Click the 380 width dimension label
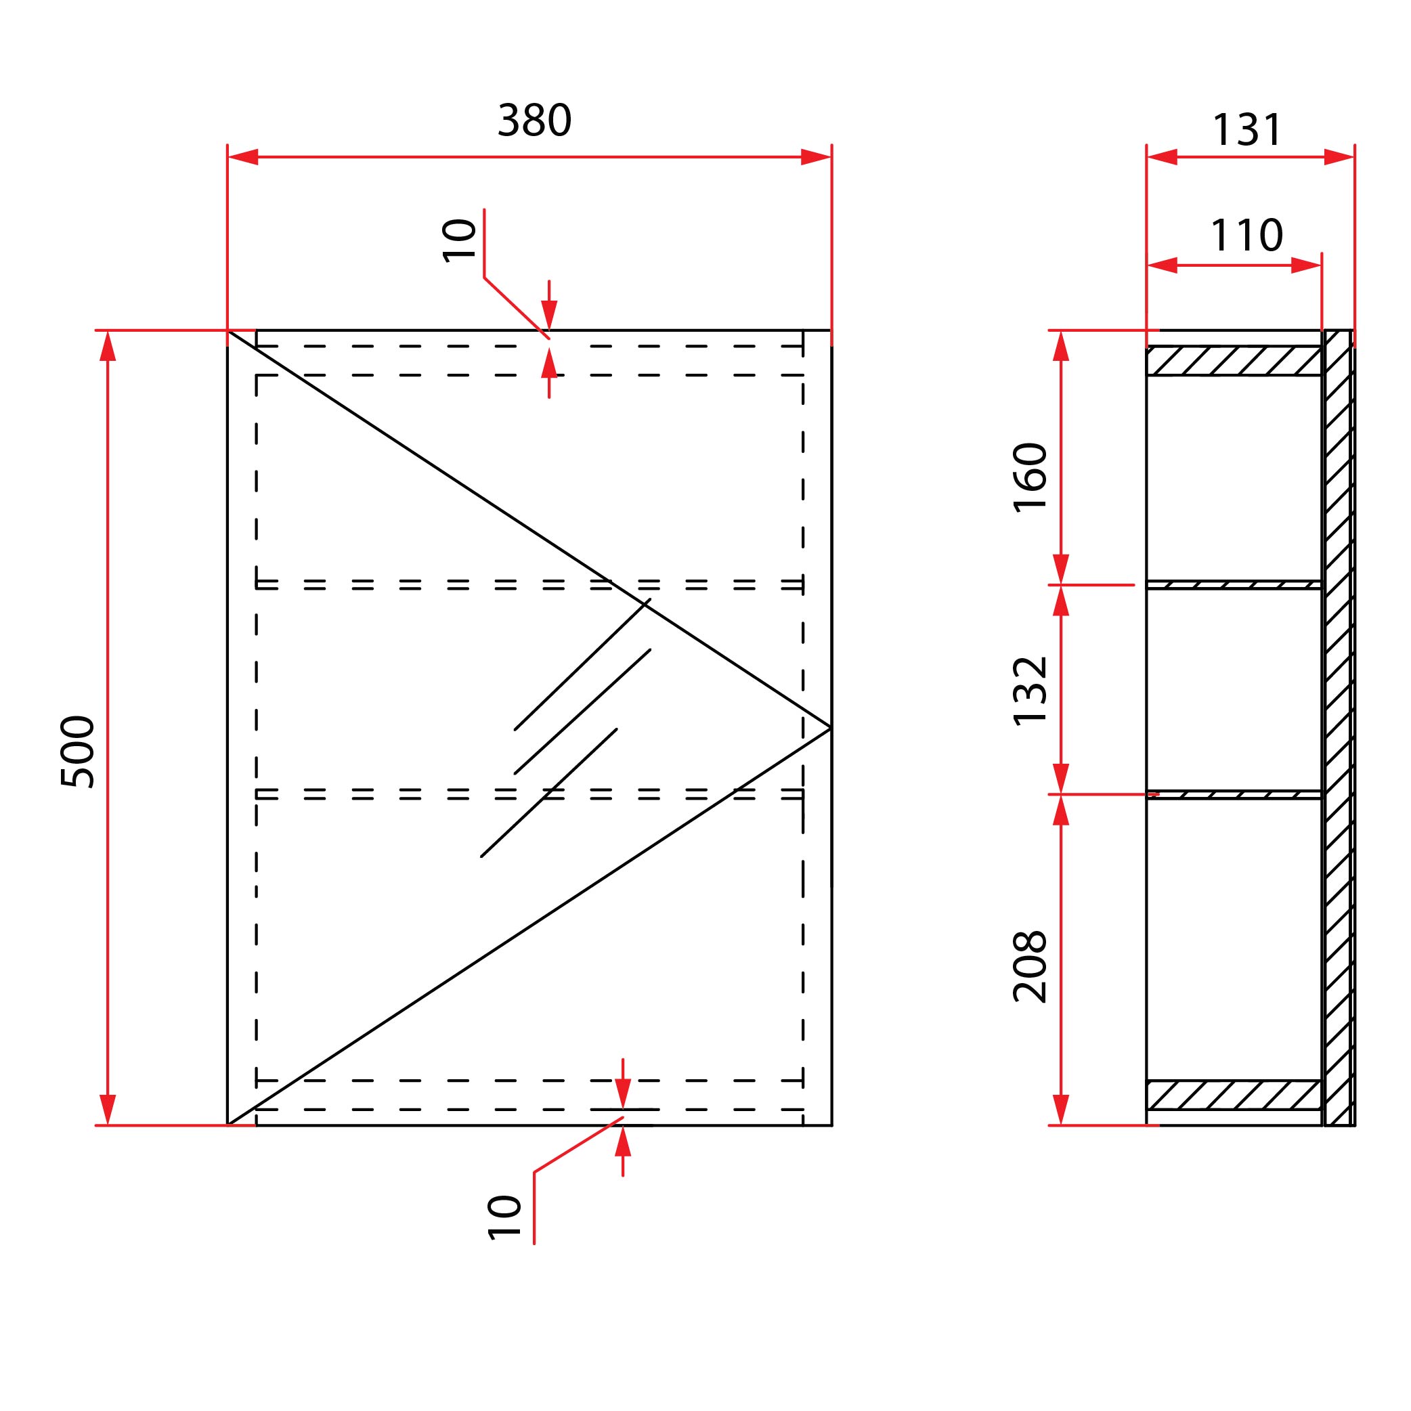click(x=534, y=121)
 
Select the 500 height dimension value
click(x=77, y=752)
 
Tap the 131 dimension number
click(x=1246, y=131)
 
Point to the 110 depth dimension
click(x=1246, y=235)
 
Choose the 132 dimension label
click(x=1030, y=691)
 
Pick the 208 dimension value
click(x=1030, y=966)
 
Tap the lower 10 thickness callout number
click(x=504, y=1218)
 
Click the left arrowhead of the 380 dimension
click(x=243, y=157)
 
